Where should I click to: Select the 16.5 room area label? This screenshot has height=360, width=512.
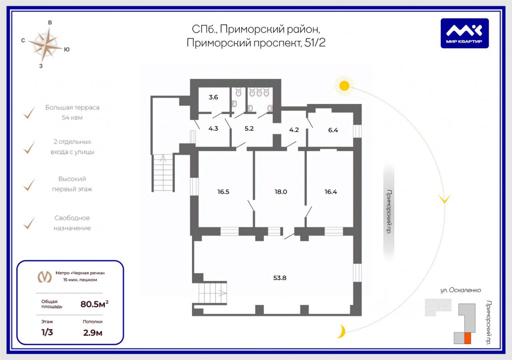(x=223, y=192)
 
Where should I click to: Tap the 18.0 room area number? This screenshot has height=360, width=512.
(x=280, y=192)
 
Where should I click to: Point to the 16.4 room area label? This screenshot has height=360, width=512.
(x=331, y=192)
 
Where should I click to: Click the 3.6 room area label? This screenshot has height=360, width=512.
(x=213, y=97)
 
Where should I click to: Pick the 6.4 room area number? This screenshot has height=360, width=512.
(x=333, y=130)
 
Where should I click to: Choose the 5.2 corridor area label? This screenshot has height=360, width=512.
(x=249, y=129)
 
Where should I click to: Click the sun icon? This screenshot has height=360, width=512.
(x=344, y=85)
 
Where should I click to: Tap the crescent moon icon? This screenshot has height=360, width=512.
(x=341, y=332)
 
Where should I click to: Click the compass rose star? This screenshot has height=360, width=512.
(x=48, y=44)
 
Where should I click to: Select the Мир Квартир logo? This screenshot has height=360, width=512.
(x=464, y=33)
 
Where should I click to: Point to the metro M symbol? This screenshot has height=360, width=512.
(x=44, y=276)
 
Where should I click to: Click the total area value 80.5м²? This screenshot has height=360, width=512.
(x=94, y=304)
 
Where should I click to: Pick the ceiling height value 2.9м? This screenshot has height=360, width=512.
(x=92, y=333)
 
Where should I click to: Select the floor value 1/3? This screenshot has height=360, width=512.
(x=47, y=333)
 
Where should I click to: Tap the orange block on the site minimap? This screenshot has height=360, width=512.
(x=467, y=338)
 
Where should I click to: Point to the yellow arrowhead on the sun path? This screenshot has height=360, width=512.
(x=444, y=199)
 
